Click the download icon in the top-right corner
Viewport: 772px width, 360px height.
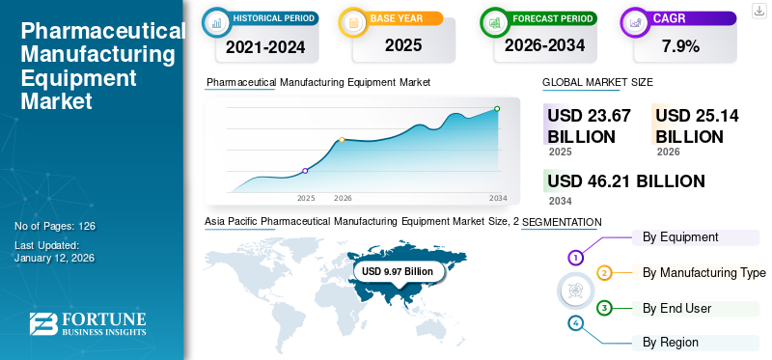click(758, 11)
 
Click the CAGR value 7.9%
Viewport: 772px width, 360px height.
click(679, 45)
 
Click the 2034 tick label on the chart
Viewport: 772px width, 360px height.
click(498, 198)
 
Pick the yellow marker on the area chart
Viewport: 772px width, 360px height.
click(342, 140)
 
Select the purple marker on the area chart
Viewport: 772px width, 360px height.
click(306, 171)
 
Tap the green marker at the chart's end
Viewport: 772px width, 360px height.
click(497, 109)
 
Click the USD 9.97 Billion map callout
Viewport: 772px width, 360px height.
click(398, 272)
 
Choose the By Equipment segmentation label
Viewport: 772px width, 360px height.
click(680, 236)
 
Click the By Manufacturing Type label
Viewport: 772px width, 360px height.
click(703, 272)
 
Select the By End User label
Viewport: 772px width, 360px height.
click(676, 308)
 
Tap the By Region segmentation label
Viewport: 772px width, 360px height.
click(671, 342)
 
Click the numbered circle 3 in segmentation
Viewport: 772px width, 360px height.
click(604, 308)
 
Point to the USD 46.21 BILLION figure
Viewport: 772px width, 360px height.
click(625, 180)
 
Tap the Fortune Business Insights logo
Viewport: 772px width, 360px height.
click(87, 324)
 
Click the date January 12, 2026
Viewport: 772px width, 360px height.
click(54, 258)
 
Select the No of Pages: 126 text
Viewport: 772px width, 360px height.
click(55, 226)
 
